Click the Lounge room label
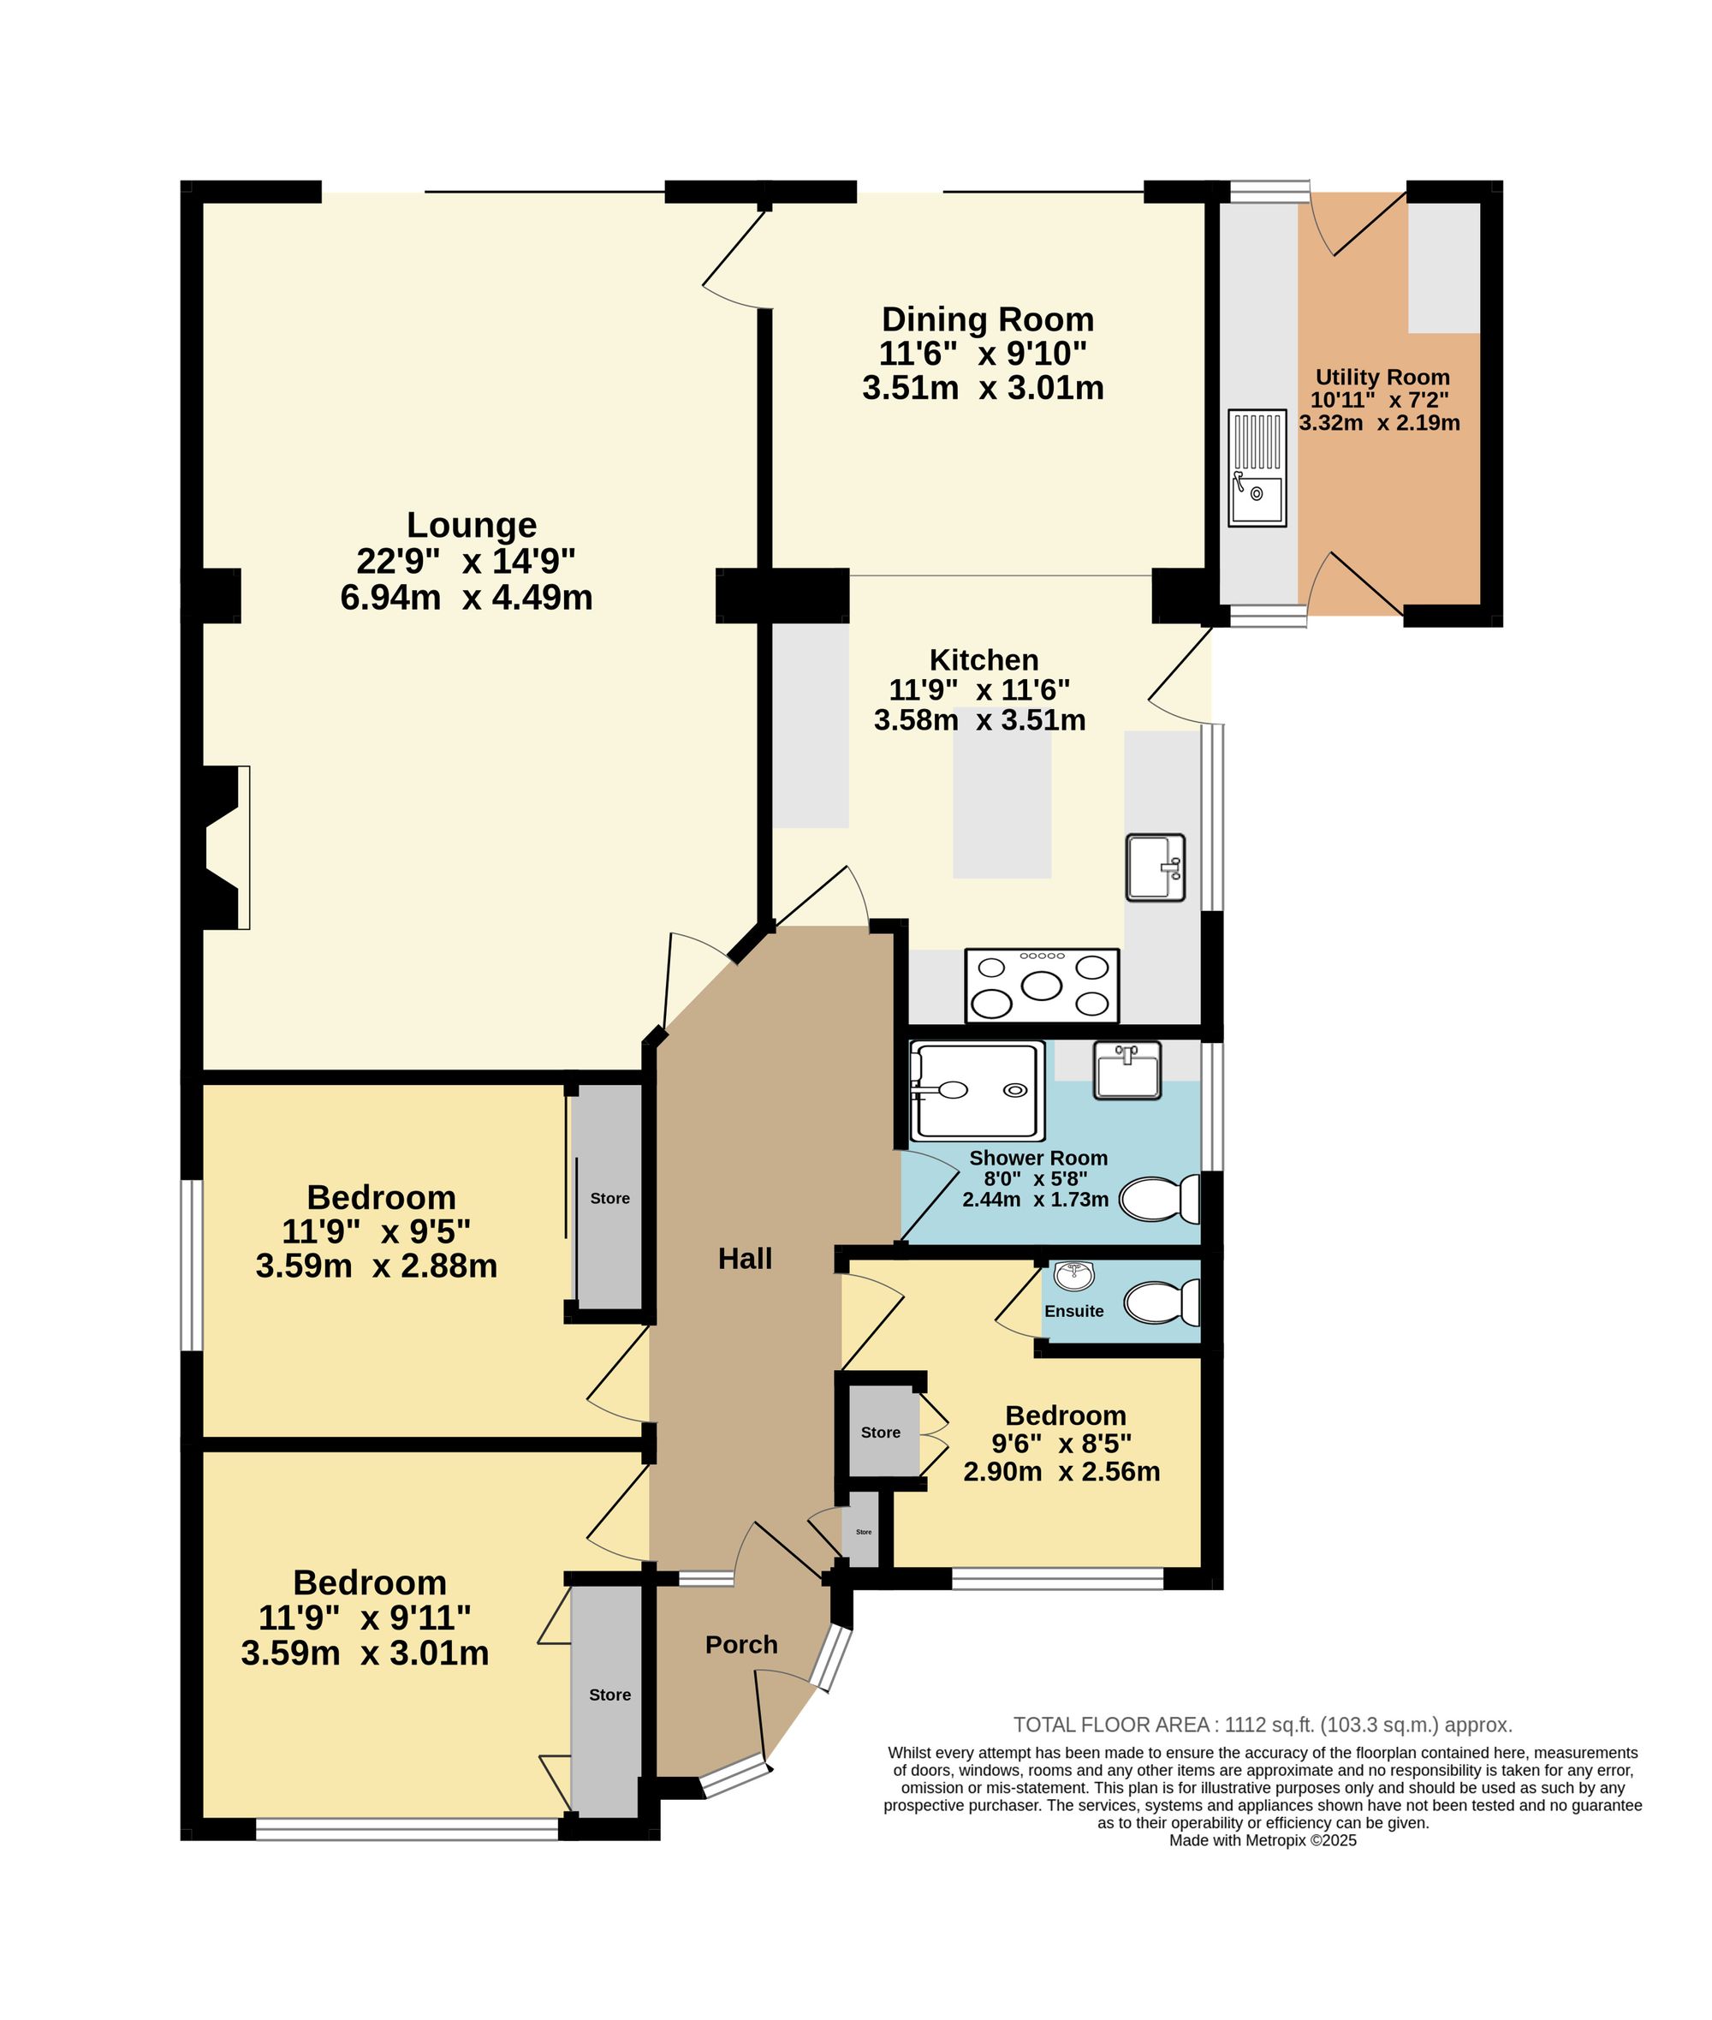tap(471, 525)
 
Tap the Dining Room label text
tap(987, 319)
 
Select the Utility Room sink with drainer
tap(1257, 468)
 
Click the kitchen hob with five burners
tap(1042, 986)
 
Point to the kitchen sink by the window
tap(1155, 867)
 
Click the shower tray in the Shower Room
tap(978, 1091)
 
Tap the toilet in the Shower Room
tap(1160, 1199)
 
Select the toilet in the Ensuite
tap(1162, 1302)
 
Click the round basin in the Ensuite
tap(1074, 1277)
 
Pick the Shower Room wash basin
tap(1126, 1071)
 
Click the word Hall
tap(745, 1259)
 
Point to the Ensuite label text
tap(1073, 1311)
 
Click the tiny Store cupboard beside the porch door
tap(863, 1531)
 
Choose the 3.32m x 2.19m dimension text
tap(1379, 423)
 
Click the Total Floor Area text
tap(1263, 1725)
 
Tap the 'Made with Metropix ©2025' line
tap(1263, 1840)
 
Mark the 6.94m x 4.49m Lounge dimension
tap(466, 598)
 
